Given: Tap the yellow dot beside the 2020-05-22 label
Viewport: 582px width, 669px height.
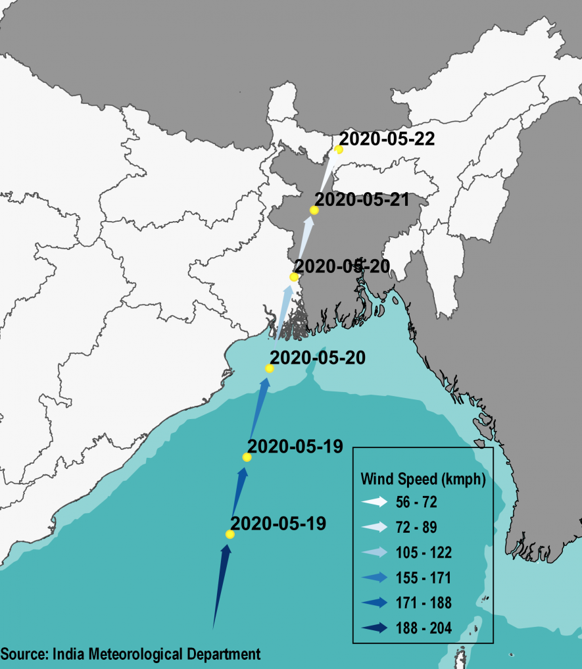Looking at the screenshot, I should point(339,149).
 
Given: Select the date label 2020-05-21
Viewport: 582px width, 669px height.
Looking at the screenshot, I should point(362,199).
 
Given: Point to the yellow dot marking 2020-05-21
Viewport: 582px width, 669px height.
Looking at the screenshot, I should point(314,211).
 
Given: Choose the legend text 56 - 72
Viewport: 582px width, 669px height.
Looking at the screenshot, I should point(416,503).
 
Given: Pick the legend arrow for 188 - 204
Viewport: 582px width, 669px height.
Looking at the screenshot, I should point(375,628).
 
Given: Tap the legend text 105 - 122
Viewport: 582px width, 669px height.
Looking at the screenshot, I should point(424,553).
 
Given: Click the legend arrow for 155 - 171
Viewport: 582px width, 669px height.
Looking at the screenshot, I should point(375,578).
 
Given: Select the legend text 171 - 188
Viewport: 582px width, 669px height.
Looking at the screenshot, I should point(424,603).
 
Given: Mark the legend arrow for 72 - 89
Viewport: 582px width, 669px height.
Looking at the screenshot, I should point(375,528).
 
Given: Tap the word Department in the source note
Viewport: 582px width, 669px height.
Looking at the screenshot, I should point(227,655).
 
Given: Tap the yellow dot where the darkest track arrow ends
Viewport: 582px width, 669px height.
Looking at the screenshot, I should point(230,534).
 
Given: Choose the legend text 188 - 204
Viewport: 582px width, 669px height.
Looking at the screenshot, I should point(424,628).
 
